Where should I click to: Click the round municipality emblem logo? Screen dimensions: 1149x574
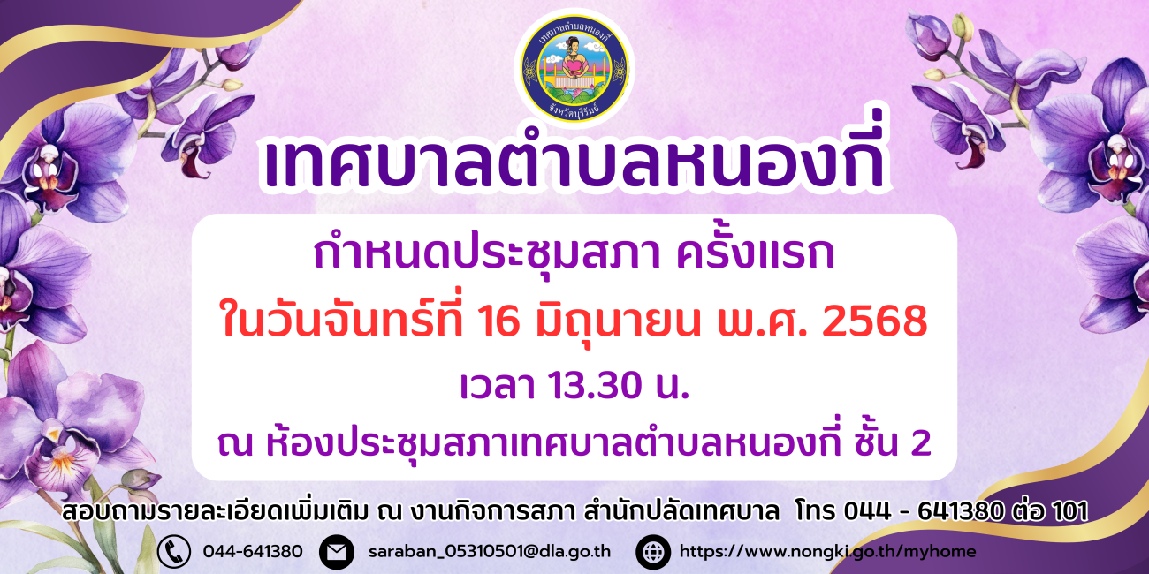574,68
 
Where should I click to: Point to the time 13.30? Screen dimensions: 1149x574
595,385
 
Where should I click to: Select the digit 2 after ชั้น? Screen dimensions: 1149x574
921,442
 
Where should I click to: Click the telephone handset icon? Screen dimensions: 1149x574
174,551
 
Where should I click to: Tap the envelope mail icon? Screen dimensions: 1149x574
337,551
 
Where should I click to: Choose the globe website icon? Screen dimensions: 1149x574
653,551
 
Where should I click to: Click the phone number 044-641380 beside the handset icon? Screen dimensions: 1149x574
253,551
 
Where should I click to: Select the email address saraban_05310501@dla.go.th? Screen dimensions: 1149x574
490,551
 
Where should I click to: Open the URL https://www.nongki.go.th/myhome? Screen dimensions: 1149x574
827,551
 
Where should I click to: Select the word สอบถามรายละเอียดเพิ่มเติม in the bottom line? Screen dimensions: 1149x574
216,510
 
